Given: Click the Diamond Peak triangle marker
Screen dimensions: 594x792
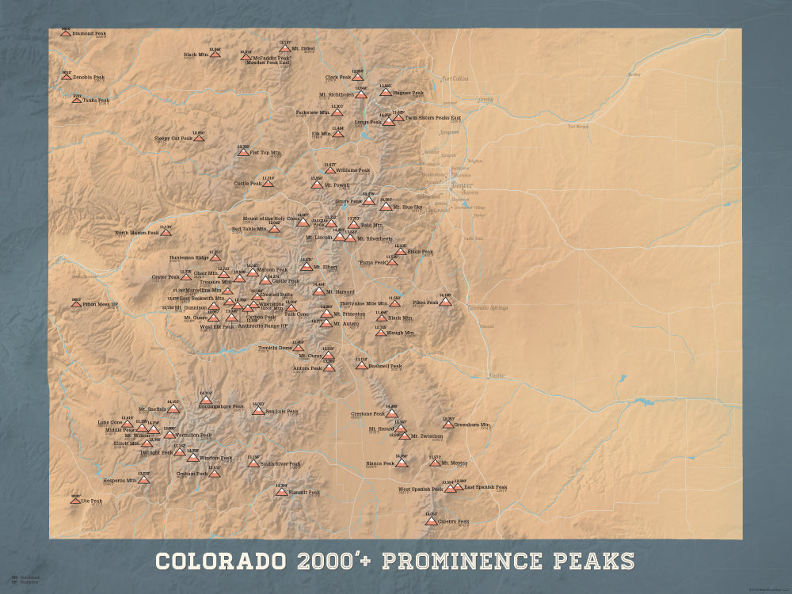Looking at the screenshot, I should (66, 33).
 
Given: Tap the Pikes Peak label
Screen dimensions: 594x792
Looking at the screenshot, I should (425, 303).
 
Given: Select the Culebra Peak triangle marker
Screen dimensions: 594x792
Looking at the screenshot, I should (430, 521).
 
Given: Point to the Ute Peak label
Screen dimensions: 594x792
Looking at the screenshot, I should (91, 501).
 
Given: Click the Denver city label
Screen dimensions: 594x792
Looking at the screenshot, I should (461, 185).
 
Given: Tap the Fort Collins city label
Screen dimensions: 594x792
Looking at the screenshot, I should (455, 78).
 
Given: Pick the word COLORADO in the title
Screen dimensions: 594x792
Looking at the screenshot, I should (220, 562).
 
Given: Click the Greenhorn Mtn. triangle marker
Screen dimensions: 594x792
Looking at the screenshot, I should (448, 425).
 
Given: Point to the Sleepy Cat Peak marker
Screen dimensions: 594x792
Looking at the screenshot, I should (199, 138).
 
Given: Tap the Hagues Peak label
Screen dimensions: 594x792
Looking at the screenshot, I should (408, 93).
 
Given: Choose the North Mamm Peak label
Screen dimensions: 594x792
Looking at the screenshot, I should (137, 233).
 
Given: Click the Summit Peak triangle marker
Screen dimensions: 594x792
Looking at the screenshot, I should (281, 492).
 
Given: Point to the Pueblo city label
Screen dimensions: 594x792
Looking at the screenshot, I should (496, 375).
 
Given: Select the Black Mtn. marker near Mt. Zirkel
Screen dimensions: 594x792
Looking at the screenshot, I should (215, 54).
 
